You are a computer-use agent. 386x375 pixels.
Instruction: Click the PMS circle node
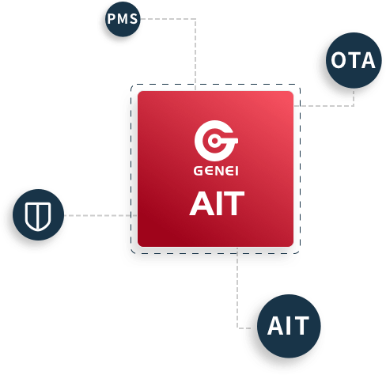123,19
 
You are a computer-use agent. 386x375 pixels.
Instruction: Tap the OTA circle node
354,60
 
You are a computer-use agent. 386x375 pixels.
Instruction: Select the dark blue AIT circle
289,326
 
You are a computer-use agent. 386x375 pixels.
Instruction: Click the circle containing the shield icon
38,214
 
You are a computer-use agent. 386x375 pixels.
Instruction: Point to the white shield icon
38,217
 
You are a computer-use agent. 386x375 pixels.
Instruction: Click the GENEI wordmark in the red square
216,171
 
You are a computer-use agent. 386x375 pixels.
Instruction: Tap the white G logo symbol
216,141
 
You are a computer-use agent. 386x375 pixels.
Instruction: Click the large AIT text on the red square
217,203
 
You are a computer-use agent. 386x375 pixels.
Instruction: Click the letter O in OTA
339,60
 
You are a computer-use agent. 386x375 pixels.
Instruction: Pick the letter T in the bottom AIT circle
301,326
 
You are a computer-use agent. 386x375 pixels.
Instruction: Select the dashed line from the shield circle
100,215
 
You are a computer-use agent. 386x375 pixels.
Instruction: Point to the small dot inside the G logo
214,141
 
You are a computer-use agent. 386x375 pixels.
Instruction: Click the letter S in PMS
134,19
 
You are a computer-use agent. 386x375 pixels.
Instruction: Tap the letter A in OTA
367,60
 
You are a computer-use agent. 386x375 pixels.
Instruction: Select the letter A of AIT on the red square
199,203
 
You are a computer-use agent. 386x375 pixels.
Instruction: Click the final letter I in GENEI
237,171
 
